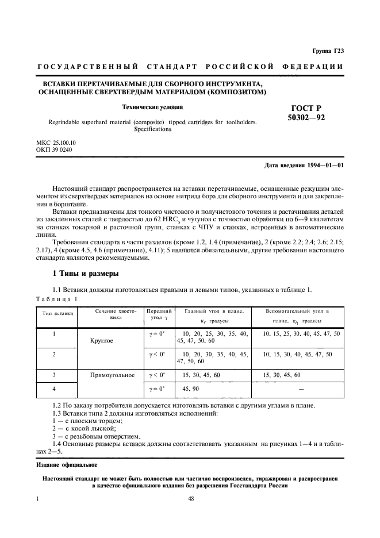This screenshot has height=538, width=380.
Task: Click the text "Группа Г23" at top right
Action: click(328, 51)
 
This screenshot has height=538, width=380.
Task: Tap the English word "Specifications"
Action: click(152, 129)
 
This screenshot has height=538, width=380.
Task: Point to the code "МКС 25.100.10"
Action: click(56, 142)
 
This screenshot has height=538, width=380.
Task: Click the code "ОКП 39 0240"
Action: click(54, 149)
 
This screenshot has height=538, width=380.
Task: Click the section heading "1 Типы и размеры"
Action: click(85, 273)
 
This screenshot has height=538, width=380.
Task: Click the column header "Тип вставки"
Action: click(55, 313)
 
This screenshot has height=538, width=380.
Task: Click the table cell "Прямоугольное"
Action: click(112, 375)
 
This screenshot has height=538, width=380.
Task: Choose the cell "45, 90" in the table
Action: click(190, 389)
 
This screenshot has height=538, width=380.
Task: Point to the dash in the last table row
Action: click(301, 389)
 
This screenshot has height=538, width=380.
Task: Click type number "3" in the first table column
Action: click(54, 375)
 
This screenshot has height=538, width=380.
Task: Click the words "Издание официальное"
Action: click(67, 464)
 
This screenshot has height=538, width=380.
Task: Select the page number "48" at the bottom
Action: click(190, 499)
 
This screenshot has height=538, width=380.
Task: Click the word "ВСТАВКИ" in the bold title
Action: click(56, 83)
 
